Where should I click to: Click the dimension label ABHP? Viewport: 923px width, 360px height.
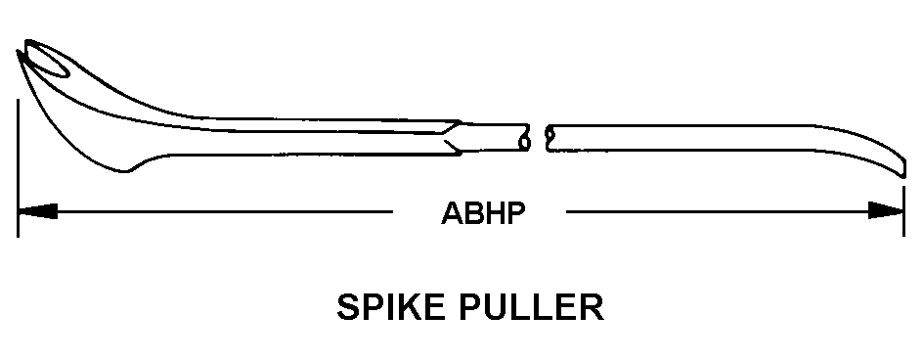coord(483,212)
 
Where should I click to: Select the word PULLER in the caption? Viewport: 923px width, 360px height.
coord(532,306)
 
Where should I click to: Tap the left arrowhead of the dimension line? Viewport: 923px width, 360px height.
coord(38,211)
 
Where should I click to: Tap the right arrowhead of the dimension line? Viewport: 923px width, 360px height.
coord(886,210)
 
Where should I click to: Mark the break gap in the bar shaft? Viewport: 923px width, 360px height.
coord(538,138)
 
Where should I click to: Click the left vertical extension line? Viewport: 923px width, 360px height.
coord(19,168)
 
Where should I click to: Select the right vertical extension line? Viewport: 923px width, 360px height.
coord(904,211)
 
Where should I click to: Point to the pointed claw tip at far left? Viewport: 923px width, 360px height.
coord(19,53)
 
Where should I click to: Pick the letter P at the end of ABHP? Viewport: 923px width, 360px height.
coord(515,213)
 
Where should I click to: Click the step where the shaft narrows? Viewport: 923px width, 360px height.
coord(452,137)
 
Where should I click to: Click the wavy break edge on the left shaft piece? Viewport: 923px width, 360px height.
coord(524,137)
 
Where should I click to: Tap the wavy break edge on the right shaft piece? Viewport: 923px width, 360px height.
coord(549,138)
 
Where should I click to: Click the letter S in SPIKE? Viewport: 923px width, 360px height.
coord(347,307)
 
